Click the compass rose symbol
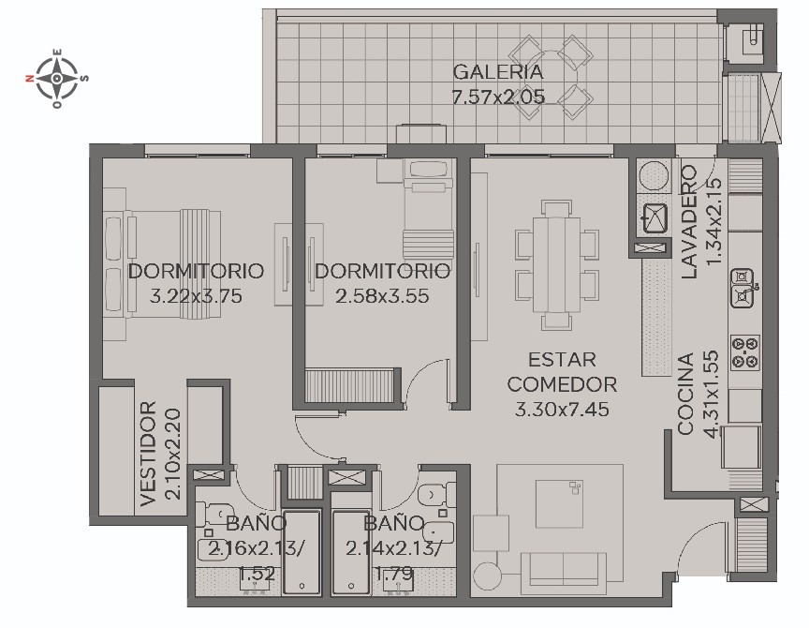click(x=57, y=79)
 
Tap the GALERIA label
click(x=498, y=72)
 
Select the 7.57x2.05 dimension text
click(x=498, y=97)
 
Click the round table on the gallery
click(x=552, y=77)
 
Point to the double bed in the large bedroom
click(x=163, y=263)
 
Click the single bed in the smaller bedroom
click(x=428, y=209)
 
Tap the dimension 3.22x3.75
click(x=196, y=296)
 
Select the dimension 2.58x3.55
click(x=382, y=296)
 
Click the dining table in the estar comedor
click(x=557, y=264)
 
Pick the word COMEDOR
click(x=562, y=384)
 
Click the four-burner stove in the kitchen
click(x=745, y=352)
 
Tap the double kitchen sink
click(x=743, y=287)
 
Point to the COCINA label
click(x=685, y=394)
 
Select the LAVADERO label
click(x=689, y=222)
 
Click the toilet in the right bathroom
click(x=434, y=496)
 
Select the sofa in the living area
click(x=564, y=573)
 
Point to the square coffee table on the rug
click(x=559, y=504)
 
